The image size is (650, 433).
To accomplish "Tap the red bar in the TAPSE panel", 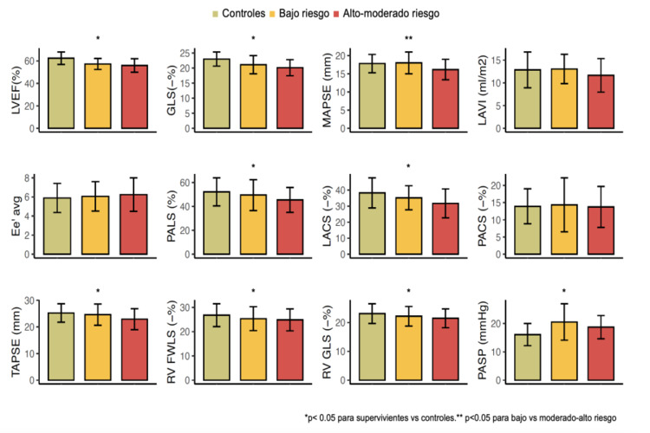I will point(134,350).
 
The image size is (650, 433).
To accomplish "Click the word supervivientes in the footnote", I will point(392,417).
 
